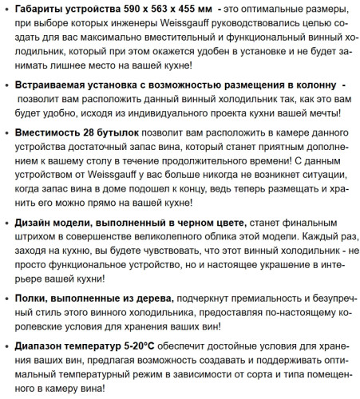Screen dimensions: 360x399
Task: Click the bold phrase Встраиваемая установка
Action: pos(83,85)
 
